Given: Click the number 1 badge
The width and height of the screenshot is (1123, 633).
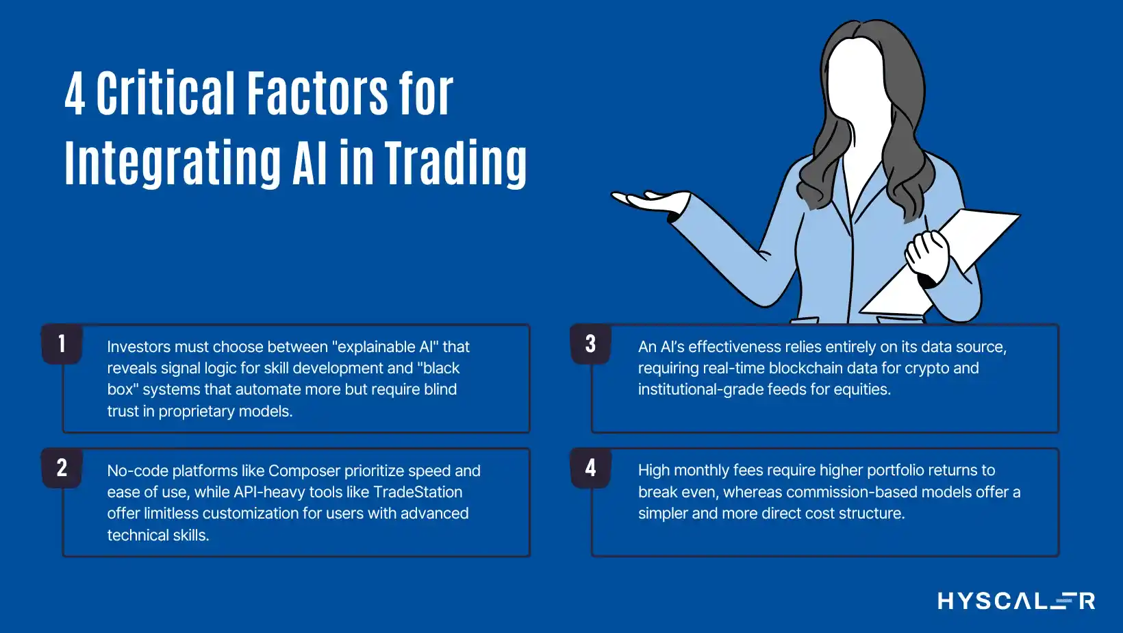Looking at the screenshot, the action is pyautogui.click(x=62, y=344).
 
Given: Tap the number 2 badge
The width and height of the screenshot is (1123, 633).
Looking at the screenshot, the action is pyautogui.click(x=62, y=468).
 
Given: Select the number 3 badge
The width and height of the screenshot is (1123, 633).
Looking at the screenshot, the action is pyautogui.click(x=590, y=344).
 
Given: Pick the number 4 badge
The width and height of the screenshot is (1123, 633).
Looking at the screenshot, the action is pyautogui.click(x=590, y=468).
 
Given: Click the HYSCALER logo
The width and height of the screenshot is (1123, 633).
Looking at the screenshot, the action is pyautogui.click(x=1016, y=600).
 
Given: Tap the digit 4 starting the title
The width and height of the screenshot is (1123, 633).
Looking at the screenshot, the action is pyautogui.click(x=75, y=94).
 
